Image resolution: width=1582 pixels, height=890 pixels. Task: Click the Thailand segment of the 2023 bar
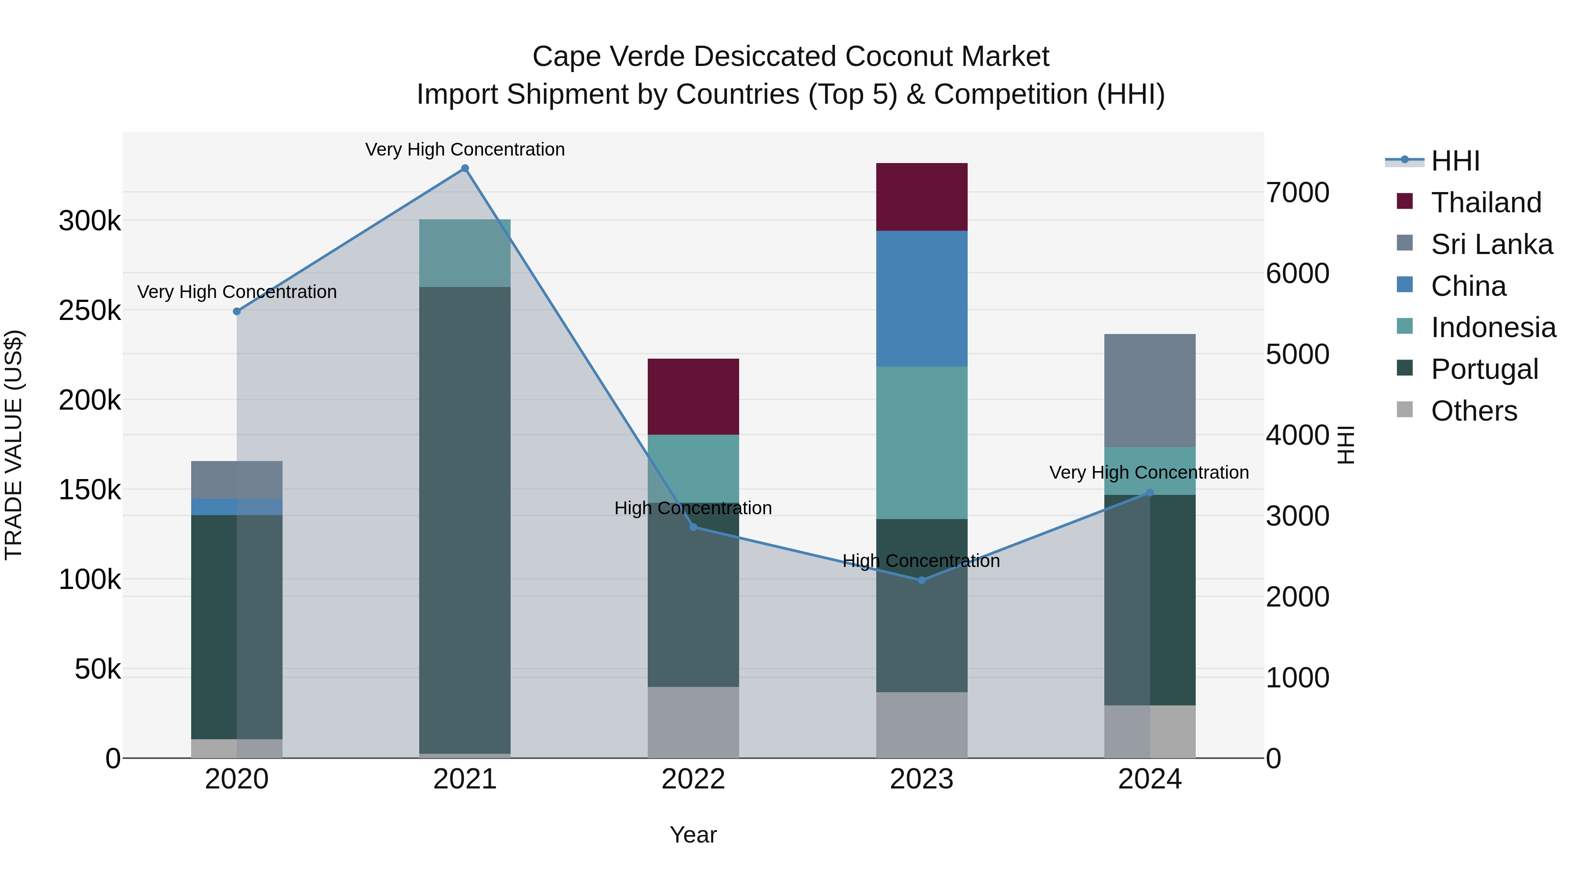coord(921,196)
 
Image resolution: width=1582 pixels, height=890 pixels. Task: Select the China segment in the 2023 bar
coord(921,298)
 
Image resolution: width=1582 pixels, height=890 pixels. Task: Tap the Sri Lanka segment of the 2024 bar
coord(1150,391)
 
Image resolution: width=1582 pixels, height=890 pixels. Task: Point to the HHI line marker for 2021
coord(465,168)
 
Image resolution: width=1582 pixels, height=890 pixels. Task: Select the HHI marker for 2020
coord(237,312)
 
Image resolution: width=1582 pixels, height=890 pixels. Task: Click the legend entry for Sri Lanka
coord(1491,244)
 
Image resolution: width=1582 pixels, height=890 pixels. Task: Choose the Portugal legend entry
coord(1484,369)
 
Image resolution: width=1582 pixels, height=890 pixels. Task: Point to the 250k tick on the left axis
coord(90,311)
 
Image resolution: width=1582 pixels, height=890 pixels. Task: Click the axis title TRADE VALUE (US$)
coord(14,445)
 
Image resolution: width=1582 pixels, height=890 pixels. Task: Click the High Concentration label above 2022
coord(693,508)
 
